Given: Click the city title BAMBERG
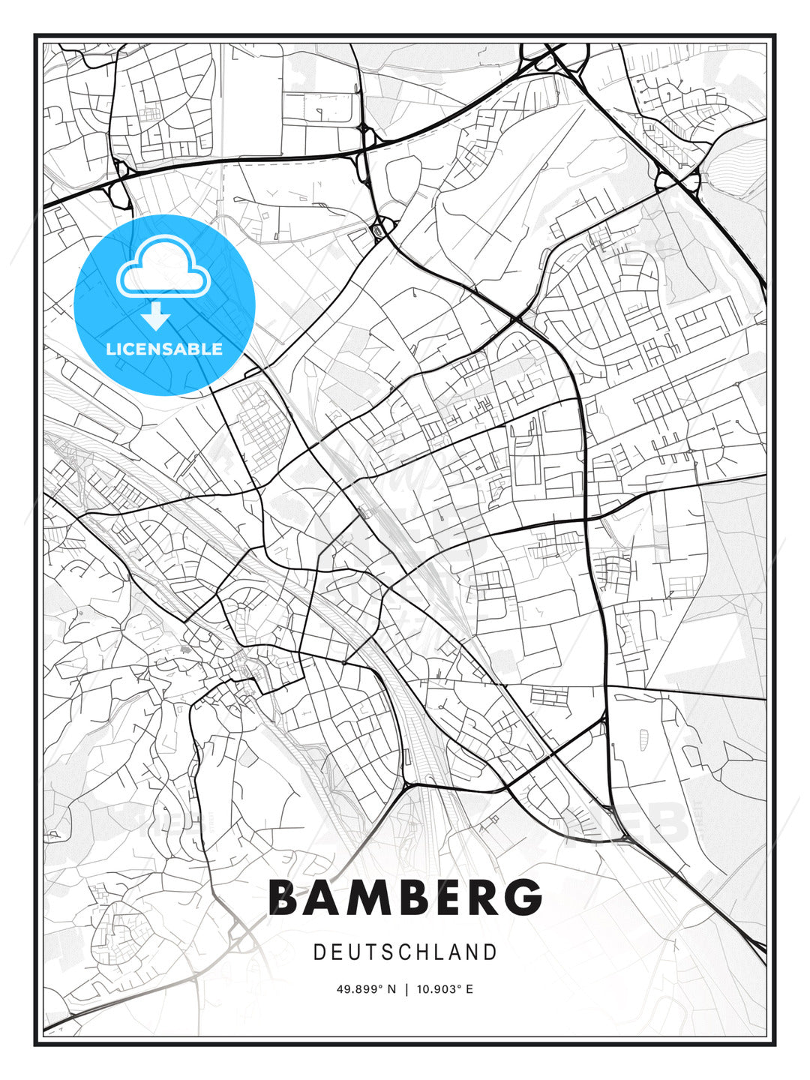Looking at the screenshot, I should [x=405, y=897].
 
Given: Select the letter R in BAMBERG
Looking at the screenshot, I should [x=485, y=897].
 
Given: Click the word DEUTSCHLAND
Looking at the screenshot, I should [x=405, y=952].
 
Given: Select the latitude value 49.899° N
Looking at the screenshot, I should [x=366, y=989].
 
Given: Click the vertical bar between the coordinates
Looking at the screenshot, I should [x=406, y=989].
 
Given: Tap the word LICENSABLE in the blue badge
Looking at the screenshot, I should [x=164, y=349].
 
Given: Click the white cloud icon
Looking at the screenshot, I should [x=163, y=268].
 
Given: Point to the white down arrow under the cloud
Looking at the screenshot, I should [x=156, y=317].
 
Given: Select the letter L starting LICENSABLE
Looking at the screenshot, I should [x=110, y=349].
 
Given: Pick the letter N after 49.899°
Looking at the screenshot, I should [x=391, y=989].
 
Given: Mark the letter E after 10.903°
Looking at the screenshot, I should [x=469, y=989].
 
